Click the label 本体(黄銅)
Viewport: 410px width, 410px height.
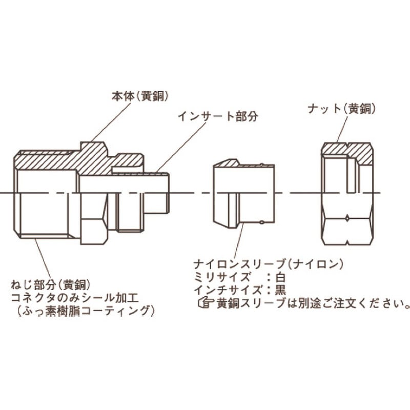[x=140, y=96]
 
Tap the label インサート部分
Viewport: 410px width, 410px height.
[x=218, y=116]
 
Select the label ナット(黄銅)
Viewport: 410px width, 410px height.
[x=341, y=109]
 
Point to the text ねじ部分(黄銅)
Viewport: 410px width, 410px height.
[x=50, y=285]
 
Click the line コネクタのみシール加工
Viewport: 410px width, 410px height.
[x=75, y=298]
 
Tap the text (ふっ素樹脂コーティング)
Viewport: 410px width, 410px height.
[x=86, y=311]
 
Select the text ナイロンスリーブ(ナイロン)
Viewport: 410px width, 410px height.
[x=268, y=264]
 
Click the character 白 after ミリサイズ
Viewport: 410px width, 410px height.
[x=280, y=277]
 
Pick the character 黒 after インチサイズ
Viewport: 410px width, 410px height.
[x=280, y=290]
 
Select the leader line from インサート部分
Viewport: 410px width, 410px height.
[x=180, y=148]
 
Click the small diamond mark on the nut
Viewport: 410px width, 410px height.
[x=347, y=218]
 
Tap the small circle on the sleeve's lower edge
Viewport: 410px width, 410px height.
[x=261, y=222]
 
